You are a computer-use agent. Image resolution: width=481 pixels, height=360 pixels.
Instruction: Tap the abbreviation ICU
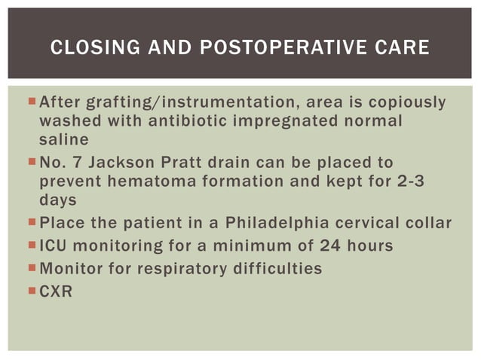(54, 247)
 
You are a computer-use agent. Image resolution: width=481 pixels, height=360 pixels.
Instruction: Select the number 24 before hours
(330, 247)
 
